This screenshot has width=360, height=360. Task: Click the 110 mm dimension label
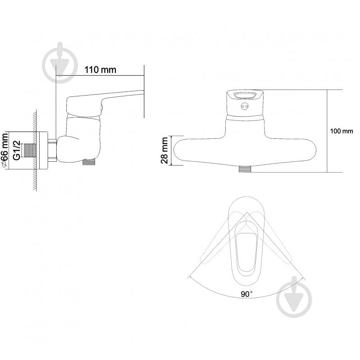pyautogui.click(x=100, y=69)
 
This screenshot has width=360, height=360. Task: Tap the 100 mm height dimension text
pyautogui.click(x=342, y=131)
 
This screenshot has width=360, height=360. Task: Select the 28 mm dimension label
pyautogui.click(x=164, y=150)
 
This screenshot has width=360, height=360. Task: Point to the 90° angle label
pyautogui.click(x=246, y=294)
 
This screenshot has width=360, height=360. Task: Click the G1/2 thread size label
pyautogui.click(x=17, y=150)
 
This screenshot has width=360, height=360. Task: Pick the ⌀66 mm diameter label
pyautogui.click(x=5, y=150)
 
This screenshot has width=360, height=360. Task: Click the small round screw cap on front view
pyautogui.click(x=245, y=106)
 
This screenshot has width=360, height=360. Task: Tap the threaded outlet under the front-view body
pyautogui.click(x=245, y=169)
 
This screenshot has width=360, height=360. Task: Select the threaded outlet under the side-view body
pyautogui.click(x=89, y=162)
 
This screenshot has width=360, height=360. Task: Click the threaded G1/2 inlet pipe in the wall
pyautogui.click(x=29, y=150)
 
